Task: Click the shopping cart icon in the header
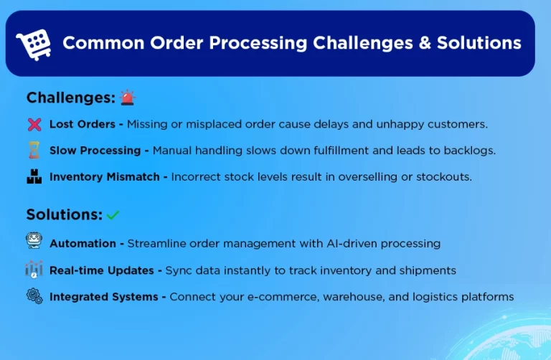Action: [x=34, y=44]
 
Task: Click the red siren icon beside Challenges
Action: [x=128, y=98]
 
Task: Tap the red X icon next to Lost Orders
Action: [x=34, y=124]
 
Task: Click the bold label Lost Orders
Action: [x=82, y=124]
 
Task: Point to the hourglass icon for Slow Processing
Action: [x=34, y=151]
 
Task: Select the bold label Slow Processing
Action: [x=95, y=151]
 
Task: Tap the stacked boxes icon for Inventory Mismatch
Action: [x=34, y=176]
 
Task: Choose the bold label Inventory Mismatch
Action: [x=104, y=176]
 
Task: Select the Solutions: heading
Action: [x=64, y=214]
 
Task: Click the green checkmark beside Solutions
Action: [x=113, y=215]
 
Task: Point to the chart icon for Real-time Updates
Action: [x=34, y=270]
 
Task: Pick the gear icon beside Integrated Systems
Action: [x=34, y=295]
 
